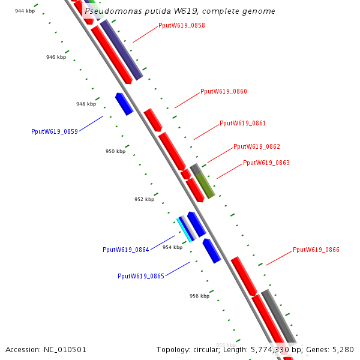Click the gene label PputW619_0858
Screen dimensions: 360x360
(x=181, y=25)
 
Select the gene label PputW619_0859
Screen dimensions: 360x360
(x=54, y=131)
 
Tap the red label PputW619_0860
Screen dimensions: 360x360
(x=223, y=92)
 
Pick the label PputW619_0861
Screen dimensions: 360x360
(x=242, y=123)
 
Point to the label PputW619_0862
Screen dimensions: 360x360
(x=256, y=146)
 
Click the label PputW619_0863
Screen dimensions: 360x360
(x=266, y=163)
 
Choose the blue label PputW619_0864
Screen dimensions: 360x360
(x=125, y=250)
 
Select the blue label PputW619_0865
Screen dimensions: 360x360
(x=140, y=276)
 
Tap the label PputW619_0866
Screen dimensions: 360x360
(x=316, y=250)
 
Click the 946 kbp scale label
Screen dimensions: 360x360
(x=56, y=58)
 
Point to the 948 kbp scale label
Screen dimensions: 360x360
(x=86, y=104)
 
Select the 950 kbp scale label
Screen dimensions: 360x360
(x=115, y=151)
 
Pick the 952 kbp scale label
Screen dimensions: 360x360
(x=144, y=199)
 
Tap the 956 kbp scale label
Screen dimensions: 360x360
(x=199, y=296)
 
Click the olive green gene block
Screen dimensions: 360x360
(x=206, y=185)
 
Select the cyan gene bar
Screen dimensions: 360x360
(x=185, y=230)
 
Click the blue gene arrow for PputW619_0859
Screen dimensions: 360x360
(x=124, y=104)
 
